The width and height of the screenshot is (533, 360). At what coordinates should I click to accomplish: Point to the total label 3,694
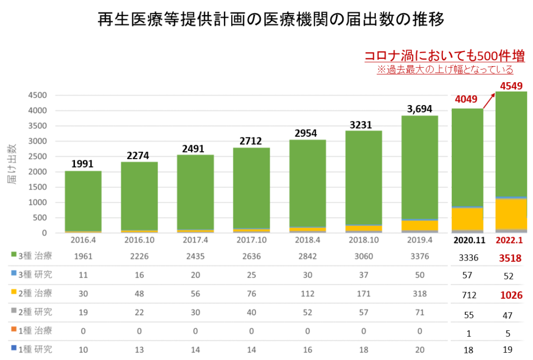(x=420, y=109)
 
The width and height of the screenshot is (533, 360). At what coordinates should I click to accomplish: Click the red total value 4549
(x=511, y=85)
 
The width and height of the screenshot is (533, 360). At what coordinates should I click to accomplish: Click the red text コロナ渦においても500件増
(x=444, y=56)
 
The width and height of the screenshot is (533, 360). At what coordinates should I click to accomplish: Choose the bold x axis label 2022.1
(x=511, y=241)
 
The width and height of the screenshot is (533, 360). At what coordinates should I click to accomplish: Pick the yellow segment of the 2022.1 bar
(x=511, y=213)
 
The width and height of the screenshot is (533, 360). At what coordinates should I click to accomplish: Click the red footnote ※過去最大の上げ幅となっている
(x=445, y=69)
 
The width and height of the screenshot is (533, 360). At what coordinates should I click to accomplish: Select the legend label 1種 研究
(x=34, y=349)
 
